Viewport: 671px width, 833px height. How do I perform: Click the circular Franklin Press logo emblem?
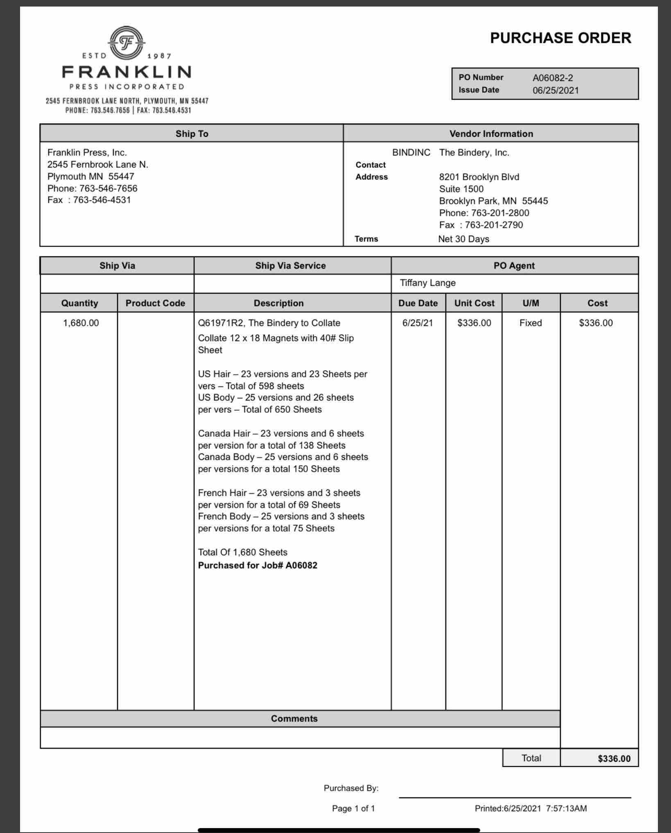pyautogui.click(x=127, y=43)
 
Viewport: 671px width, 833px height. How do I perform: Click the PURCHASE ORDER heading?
pyautogui.click(x=560, y=38)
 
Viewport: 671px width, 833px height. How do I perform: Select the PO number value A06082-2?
pyautogui.click(x=552, y=78)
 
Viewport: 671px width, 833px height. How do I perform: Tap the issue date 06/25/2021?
pyautogui.click(x=555, y=91)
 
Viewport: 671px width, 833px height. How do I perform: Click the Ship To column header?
pyautogui.click(x=192, y=134)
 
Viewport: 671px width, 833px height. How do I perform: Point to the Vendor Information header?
pyautogui.click(x=491, y=134)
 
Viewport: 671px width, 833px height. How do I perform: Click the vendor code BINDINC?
pyautogui.click(x=411, y=153)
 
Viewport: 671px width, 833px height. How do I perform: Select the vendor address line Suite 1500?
pyautogui.click(x=461, y=189)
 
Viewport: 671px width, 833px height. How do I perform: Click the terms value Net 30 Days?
pyautogui.click(x=463, y=239)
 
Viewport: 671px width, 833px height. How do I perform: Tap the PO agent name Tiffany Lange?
pyautogui.click(x=427, y=283)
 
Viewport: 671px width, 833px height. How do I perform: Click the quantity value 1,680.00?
pyautogui.click(x=81, y=323)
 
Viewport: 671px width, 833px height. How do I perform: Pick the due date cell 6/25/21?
pyautogui.click(x=417, y=323)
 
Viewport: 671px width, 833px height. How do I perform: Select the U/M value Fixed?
pyautogui.click(x=530, y=323)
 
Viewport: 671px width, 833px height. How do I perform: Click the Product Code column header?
pyautogui.click(x=155, y=303)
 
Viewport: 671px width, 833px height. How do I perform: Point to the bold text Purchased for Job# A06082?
pyautogui.click(x=258, y=566)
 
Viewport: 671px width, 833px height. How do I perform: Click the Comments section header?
pyautogui.click(x=294, y=719)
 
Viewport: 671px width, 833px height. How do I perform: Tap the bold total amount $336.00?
pyautogui.click(x=614, y=759)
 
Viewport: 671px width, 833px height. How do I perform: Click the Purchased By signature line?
pyautogui.click(x=515, y=797)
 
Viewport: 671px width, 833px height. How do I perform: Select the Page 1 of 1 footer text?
pyautogui.click(x=353, y=808)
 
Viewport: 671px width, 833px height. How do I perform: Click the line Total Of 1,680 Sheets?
pyautogui.click(x=242, y=552)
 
